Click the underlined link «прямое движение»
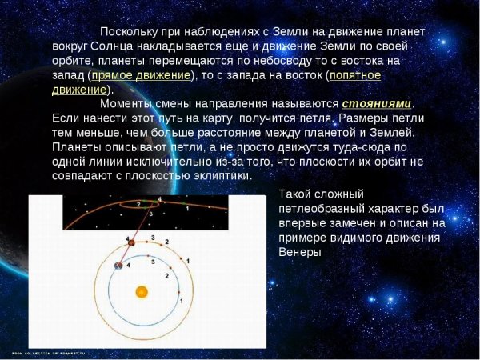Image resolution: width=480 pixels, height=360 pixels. click(142, 75)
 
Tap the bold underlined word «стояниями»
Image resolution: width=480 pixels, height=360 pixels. click(376, 104)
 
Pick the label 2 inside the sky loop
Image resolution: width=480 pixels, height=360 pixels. click(138, 204)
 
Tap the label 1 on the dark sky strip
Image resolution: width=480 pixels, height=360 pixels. click(186, 208)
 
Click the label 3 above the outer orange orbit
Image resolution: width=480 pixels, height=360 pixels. click(152, 238)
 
